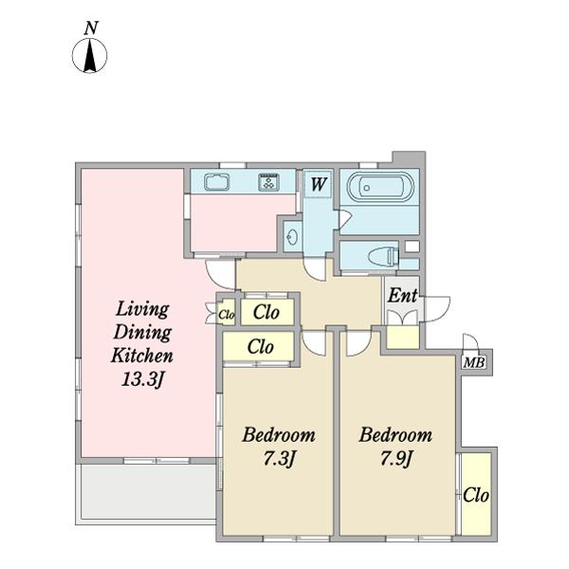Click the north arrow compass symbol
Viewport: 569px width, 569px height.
tap(90, 56)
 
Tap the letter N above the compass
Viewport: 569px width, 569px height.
tap(91, 28)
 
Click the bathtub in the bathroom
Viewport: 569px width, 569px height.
tap(380, 187)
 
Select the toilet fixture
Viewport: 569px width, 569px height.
tap(383, 256)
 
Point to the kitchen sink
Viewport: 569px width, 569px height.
tap(216, 182)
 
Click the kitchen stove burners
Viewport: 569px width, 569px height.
tap(269, 182)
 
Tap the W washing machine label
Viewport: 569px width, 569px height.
tap(319, 184)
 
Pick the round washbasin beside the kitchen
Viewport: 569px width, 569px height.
tap(292, 238)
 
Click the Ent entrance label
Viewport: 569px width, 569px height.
tap(402, 295)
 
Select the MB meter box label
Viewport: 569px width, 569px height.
tap(474, 362)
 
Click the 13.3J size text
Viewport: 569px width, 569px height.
tap(142, 380)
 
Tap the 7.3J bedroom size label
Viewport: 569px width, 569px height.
tap(278, 459)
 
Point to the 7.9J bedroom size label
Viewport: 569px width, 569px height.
tap(395, 459)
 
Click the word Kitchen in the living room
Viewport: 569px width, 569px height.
tap(141, 356)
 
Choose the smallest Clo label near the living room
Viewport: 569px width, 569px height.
tap(227, 315)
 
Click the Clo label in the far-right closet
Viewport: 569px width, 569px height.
tap(476, 495)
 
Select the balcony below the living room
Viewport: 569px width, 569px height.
tap(148, 492)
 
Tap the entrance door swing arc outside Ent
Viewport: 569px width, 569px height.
tap(436, 309)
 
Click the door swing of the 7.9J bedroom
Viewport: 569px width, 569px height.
tap(358, 342)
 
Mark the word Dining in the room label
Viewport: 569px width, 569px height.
tap(142, 334)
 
